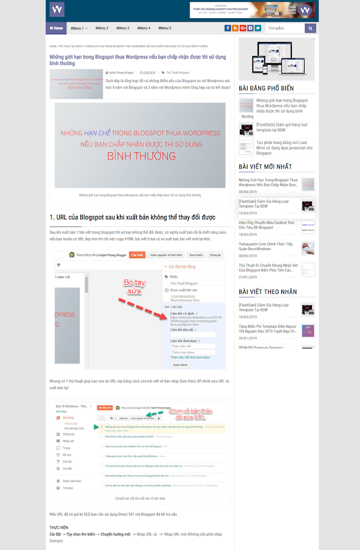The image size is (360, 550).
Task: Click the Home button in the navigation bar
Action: pyautogui.click(x=56, y=28)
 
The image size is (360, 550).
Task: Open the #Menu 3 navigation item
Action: pyautogui.click(x=123, y=28)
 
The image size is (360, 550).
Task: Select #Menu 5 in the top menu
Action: pyautogui.click(x=164, y=28)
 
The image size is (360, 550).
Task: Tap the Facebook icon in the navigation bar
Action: pyautogui.click(x=228, y=28)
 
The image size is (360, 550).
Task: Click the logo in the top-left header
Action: pyautogui.click(x=57, y=9)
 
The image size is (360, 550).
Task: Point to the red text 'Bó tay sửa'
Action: pyautogui.click(x=133, y=287)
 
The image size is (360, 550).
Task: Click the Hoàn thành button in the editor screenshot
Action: pyautogui.click(x=180, y=365)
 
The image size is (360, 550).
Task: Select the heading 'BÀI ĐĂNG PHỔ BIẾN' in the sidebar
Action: pyautogui.click(x=266, y=88)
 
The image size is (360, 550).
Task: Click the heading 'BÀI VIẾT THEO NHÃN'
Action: pyautogui.click(x=268, y=291)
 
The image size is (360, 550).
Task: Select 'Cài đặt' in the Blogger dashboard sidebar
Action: pyautogui.click(x=67, y=468)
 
